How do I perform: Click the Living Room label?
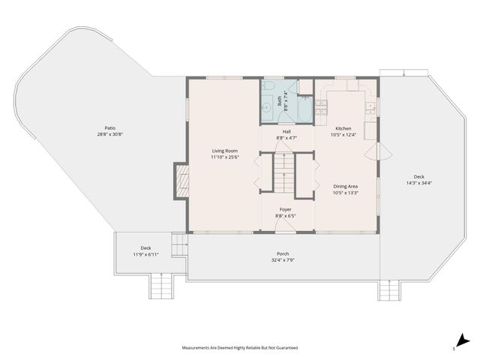tap(225, 151)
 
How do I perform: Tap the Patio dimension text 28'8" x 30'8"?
tap(110, 134)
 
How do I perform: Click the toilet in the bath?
tap(268, 85)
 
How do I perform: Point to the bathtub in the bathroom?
tap(304, 109)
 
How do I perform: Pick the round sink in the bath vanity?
tap(266, 108)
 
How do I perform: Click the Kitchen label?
tap(343, 128)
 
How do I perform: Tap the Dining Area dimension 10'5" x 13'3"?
tap(346, 193)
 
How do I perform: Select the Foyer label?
tap(285, 210)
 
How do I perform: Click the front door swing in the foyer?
tap(285, 226)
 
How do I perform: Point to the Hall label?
tap(286, 132)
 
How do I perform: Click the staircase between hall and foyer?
tap(284, 173)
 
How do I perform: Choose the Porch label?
tap(283, 253)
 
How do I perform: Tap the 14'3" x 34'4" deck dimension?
tap(418, 183)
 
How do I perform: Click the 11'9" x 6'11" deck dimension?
tap(145, 254)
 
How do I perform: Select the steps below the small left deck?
tap(161, 286)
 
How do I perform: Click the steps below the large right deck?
tap(389, 290)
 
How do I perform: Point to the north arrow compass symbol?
tap(463, 340)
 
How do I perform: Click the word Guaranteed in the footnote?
tap(287, 348)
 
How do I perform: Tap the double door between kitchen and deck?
tap(378, 151)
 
